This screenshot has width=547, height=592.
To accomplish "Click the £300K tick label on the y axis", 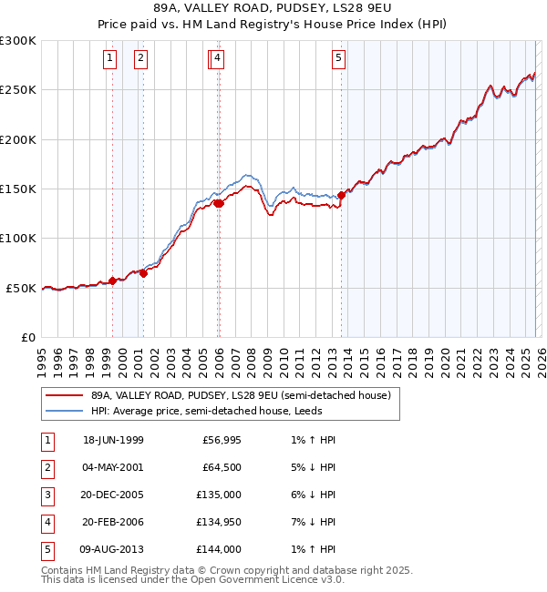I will click(18, 41).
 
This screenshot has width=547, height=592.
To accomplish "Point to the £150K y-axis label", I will click(18, 189).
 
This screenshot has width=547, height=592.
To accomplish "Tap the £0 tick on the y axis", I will click(28, 338).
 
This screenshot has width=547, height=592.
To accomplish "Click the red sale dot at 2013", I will click(341, 195).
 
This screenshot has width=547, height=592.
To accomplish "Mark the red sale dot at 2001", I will click(143, 273).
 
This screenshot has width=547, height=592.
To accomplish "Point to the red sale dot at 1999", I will click(113, 281).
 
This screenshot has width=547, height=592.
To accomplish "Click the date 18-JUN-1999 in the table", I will click(113, 440).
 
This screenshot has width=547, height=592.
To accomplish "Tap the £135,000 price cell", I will click(221, 495).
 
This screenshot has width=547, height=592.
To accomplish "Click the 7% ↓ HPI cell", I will click(310, 522).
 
